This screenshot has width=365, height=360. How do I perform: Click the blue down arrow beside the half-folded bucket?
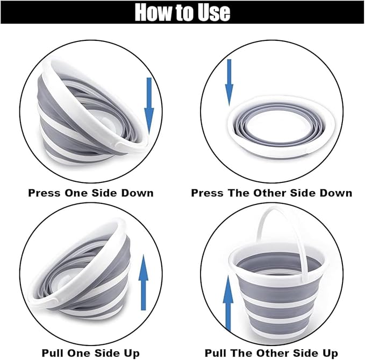(149, 106)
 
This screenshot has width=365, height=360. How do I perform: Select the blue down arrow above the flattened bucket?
(229, 82)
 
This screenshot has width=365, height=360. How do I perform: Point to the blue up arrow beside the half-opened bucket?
(144, 283)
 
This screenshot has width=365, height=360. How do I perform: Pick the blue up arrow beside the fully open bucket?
(228, 303)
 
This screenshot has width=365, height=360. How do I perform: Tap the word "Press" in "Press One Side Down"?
(45, 193)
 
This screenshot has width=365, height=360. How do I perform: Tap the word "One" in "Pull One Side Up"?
(77, 353)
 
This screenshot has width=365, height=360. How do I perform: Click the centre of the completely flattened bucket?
(282, 126)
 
